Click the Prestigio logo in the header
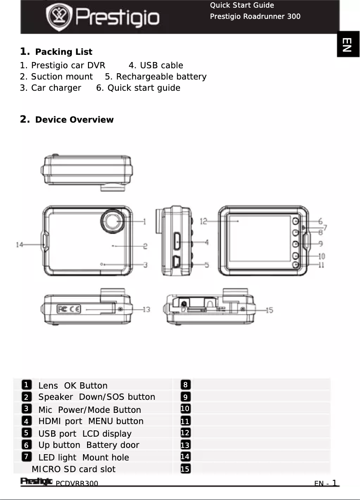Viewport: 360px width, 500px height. [103, 17]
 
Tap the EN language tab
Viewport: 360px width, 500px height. [347, 44]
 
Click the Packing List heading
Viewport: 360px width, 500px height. [63, 52]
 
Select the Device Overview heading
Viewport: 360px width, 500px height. [74, 119]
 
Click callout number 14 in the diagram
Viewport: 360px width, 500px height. [19, 245]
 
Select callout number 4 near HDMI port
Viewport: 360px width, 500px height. [206, 242]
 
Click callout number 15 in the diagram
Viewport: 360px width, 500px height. [269, 310]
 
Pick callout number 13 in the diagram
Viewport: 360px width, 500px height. [146, 310]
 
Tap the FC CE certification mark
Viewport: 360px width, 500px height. [69, 309]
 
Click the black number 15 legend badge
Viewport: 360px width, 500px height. [185, 469]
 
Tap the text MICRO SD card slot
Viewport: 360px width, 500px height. [74, 469]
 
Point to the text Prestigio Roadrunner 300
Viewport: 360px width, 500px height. [255, 17]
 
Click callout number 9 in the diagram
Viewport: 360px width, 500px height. [320, 244]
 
